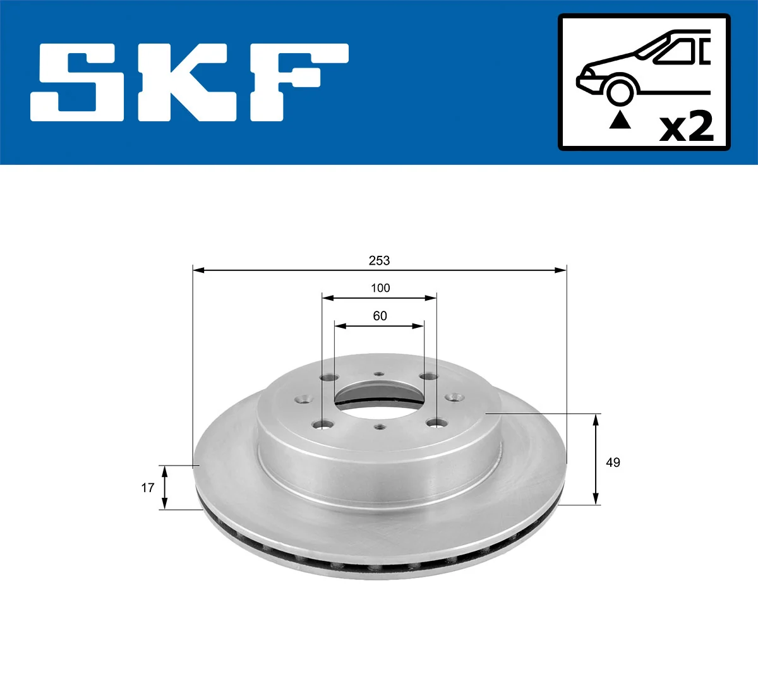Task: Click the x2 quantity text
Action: coord(687,127)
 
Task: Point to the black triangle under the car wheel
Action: coord(620,119)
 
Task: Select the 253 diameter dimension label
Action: coord(380,260)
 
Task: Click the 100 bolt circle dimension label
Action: coord(380,288)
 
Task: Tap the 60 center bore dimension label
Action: coord(380,316)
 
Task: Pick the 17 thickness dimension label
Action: coord(147,488)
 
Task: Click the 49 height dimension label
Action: coord(613,462)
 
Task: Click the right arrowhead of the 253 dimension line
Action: coord(561,270)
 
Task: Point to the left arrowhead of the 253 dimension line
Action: coord(198,270)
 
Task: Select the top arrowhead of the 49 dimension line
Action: coord(596,419)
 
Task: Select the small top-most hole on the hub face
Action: coord(379,374)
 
